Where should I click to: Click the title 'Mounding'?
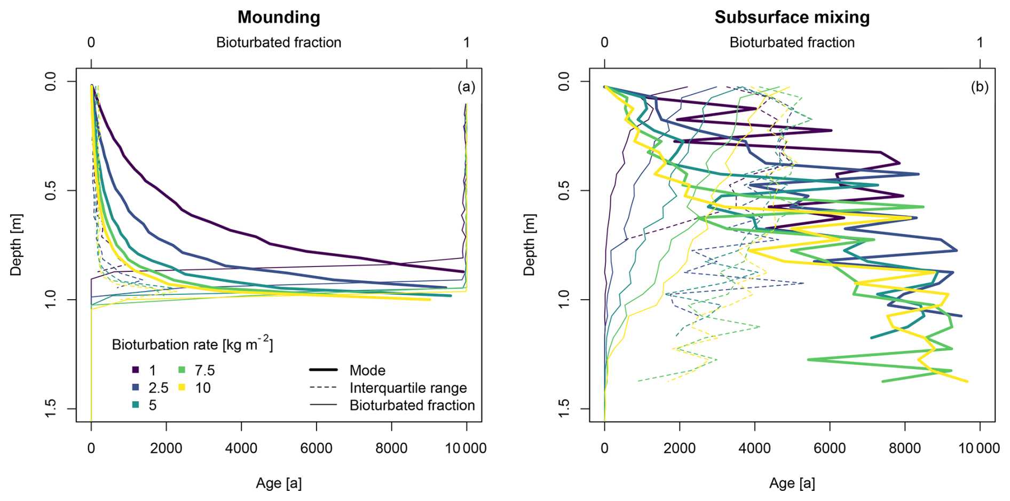point(279,17)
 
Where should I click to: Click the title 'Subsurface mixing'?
point(792,17)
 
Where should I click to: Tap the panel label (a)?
point(466,87)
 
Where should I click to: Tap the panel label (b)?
point(979,87)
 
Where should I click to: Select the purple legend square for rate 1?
point(136,370)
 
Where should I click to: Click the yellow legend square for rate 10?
point(182,388)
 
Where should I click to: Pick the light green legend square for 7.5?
point(182,370)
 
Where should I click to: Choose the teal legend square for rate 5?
point(136,405)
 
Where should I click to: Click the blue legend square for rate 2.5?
point(136,388)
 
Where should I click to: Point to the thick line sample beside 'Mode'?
point(323,370)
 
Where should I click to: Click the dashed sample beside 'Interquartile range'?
point(323,388)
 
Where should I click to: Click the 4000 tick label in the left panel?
point(241,449)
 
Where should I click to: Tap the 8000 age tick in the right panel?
point(905,449)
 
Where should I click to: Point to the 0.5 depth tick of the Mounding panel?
point(51,191)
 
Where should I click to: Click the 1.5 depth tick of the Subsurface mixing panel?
point(564,409)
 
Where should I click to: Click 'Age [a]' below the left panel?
point(279,483)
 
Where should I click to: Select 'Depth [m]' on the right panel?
point(529,245)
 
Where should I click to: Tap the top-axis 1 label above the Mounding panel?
point(467,43)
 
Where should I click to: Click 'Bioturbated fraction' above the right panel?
point(792,43)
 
